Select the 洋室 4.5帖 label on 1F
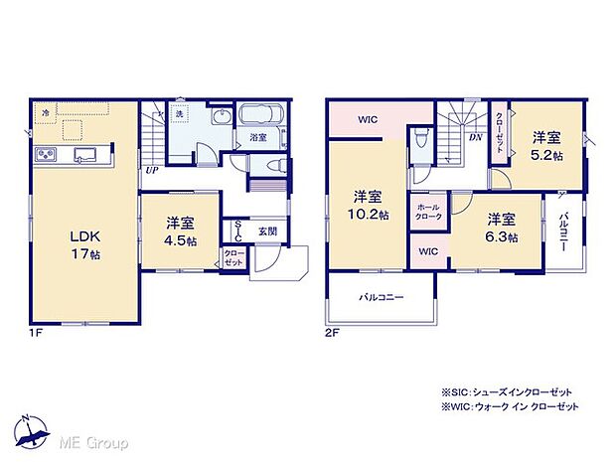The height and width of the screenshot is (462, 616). point(179,231)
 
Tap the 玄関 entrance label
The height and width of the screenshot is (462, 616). point(268,231)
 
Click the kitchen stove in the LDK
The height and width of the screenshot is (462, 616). point(48,154)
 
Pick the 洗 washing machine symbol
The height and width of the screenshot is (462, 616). point(181,115)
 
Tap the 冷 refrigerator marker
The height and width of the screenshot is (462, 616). point(46,114)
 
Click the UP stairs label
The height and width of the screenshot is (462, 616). point(152,170)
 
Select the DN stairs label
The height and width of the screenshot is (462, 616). point(475,137)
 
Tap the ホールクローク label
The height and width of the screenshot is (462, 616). point(428,211)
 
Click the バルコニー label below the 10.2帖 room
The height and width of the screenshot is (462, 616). point(383,297)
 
